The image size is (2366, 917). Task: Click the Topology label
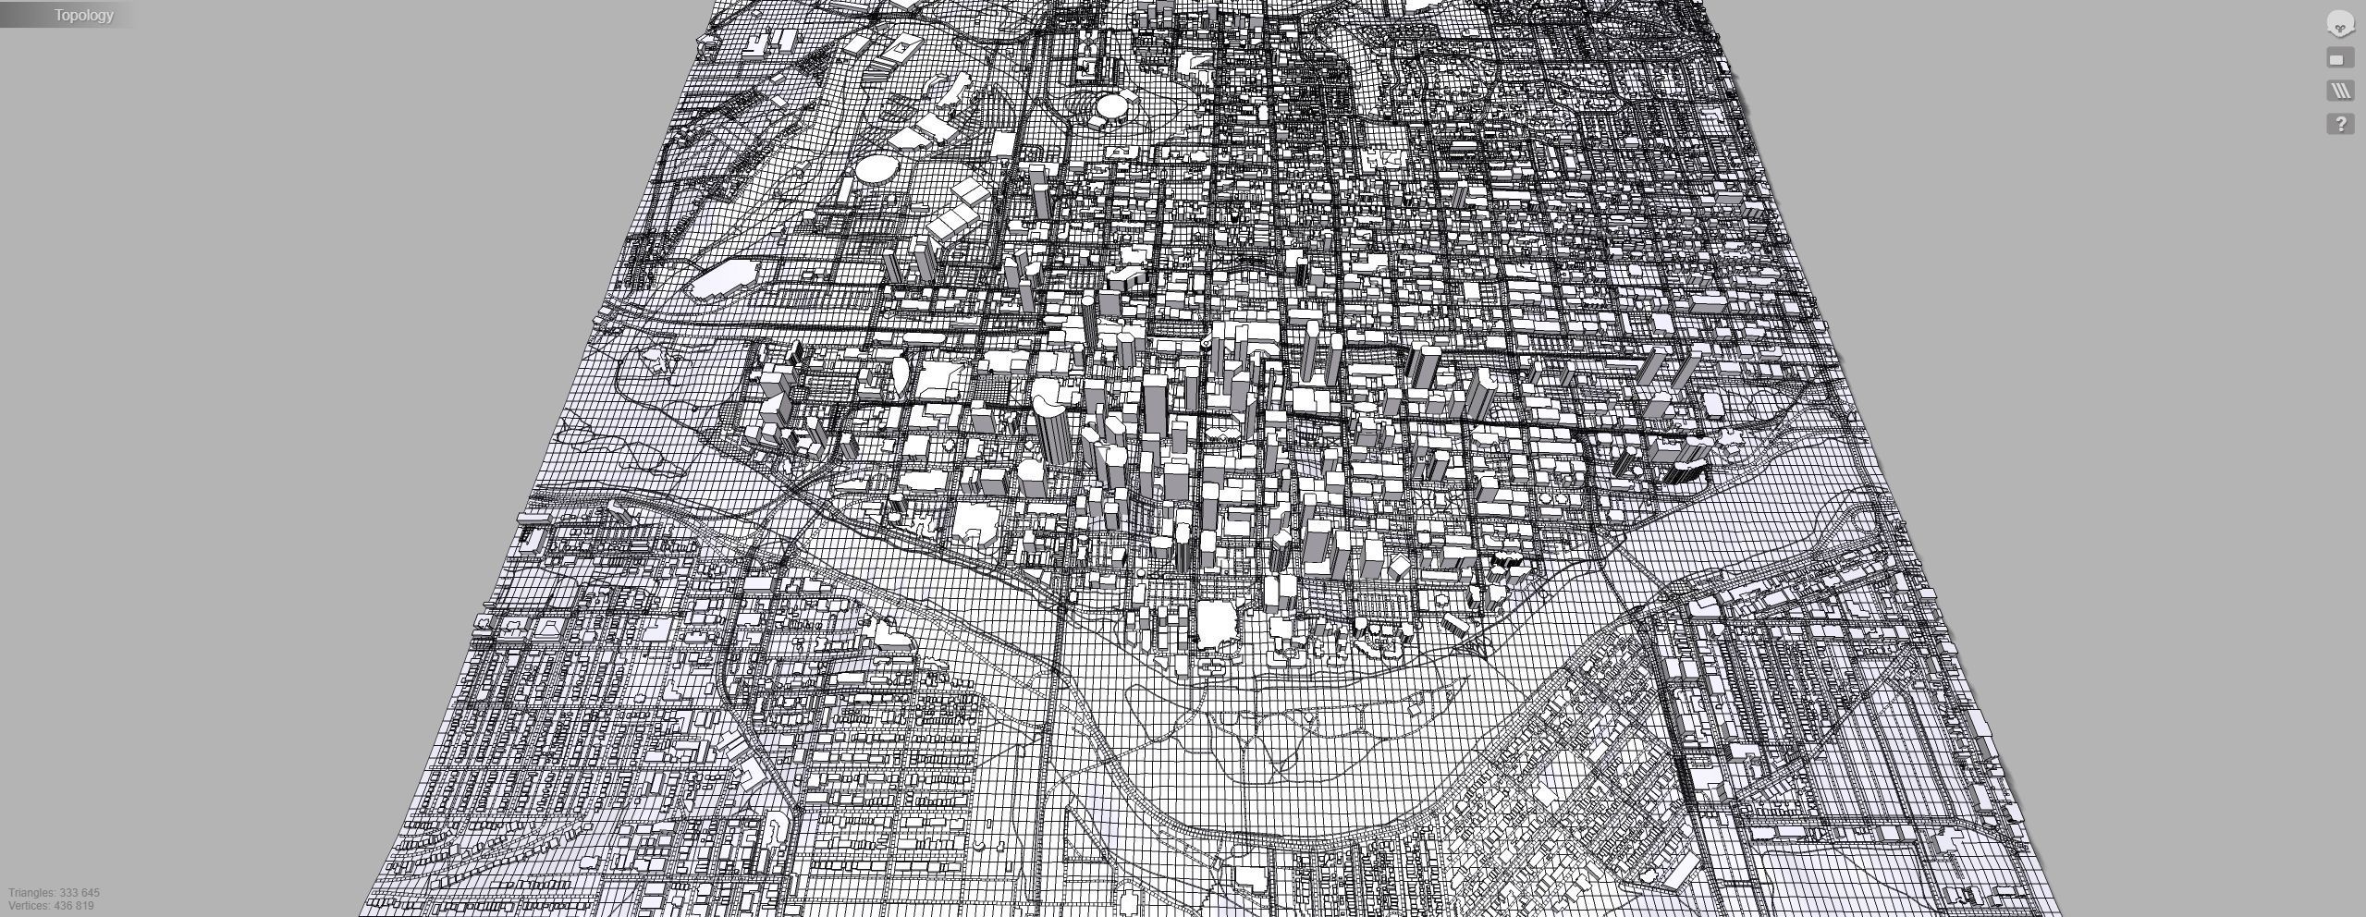(83, 15)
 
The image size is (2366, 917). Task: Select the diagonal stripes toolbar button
(2340, 91)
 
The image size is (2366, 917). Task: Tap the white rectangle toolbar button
(2340, 59)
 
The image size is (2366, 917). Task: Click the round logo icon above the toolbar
(2340, 25)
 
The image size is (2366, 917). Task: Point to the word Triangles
(31, 893)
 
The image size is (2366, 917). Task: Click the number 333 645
(80, 893)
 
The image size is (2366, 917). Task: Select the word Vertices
(30, 906)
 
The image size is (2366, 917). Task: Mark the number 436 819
(77, 906)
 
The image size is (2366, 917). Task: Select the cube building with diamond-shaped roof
(1400, 565)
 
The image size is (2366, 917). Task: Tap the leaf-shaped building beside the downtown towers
(899, 373)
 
